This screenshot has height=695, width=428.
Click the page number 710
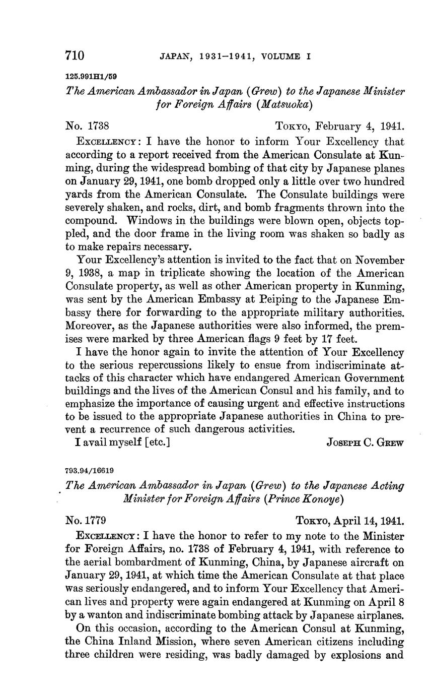point(75,55)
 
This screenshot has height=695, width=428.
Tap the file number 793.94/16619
point(90,470)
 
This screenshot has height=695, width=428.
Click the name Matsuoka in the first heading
point(286,104)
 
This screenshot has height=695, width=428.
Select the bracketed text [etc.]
point(151,443)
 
